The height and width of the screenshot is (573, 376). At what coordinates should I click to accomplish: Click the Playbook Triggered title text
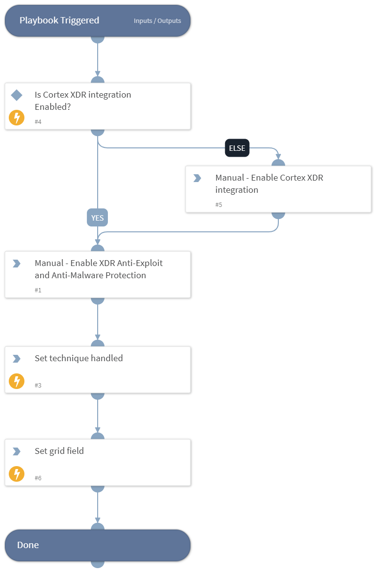(59, 20)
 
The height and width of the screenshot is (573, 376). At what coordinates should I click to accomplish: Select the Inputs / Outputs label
(157, 21)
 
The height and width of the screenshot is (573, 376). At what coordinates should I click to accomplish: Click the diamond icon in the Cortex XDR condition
(17, 95)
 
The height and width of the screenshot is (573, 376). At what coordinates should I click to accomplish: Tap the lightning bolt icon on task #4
(17, 118)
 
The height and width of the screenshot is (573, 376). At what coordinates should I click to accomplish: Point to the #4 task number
(38, 122)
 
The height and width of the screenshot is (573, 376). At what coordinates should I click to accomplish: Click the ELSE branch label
(237, 148)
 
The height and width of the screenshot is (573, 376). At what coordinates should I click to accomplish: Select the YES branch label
(98, 218)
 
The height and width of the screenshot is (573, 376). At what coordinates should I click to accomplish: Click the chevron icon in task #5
(197, 178)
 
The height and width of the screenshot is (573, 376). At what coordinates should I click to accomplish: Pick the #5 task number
(219, 205)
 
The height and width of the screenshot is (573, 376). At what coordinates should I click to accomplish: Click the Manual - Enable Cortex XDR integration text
(269, 184)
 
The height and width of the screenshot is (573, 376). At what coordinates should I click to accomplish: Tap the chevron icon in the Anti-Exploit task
(17, 264)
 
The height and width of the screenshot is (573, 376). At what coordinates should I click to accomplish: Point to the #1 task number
(38, 290)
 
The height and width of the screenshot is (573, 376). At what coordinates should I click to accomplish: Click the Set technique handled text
(79, 358)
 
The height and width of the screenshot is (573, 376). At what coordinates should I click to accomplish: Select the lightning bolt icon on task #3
(17, 381)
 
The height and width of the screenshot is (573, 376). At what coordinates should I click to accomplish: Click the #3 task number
(38, 385)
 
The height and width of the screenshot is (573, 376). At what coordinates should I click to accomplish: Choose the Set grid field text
(59, 451)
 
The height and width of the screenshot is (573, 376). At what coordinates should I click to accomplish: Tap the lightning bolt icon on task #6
(17, 474)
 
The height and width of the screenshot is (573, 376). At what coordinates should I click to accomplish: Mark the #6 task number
(38, 478)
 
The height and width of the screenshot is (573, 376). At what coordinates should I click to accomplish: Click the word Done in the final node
(28, 545)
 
